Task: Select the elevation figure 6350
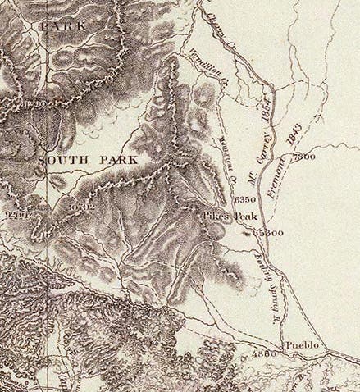click(x=245, y=199)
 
